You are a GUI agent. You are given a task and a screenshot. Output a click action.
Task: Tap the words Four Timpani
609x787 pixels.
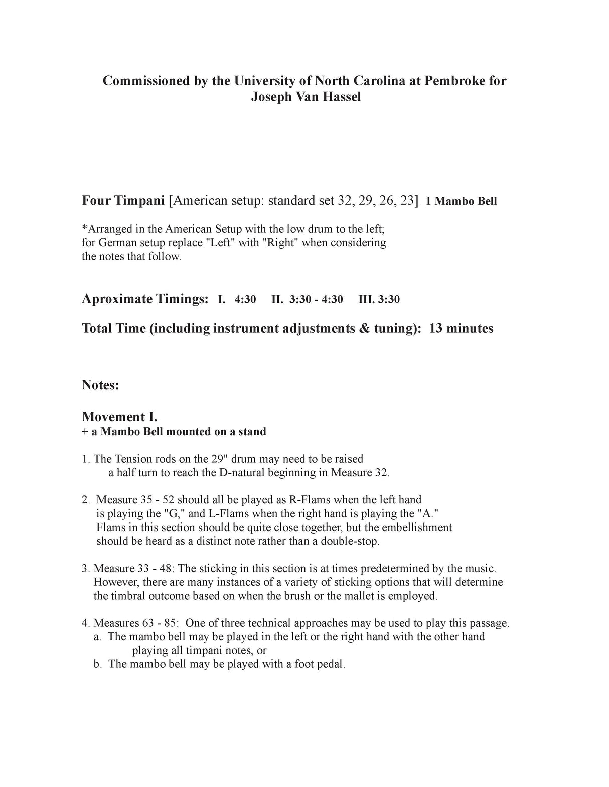click(x=123, y=201)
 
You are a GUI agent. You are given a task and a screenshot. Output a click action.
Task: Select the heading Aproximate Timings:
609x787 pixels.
click(x=144, y=299)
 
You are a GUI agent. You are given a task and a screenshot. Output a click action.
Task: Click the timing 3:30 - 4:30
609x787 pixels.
click(x=316, y=300)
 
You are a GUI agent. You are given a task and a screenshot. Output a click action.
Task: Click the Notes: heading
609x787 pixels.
click(x=100, y=386)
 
